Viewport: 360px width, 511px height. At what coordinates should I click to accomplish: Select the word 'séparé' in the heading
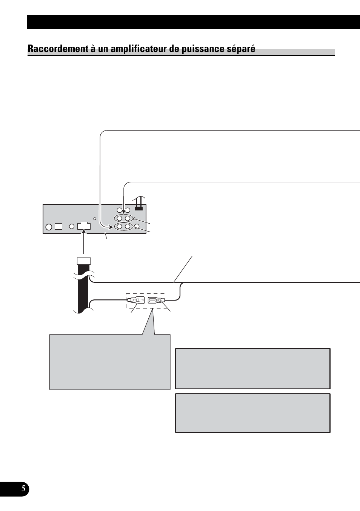point(242,49)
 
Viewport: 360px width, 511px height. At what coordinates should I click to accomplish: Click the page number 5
point(23,489)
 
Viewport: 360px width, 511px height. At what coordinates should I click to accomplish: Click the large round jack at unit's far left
point(49,227)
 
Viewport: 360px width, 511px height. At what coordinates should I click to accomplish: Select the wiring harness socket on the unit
point(83,226)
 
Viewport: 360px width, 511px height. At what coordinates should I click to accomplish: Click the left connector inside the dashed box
point(136,301)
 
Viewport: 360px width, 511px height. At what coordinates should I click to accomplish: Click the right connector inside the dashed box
point(155,301)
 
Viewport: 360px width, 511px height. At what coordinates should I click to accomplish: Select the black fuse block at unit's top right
point(138,208)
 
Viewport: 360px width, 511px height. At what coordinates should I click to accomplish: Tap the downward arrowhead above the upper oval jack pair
point(124,212)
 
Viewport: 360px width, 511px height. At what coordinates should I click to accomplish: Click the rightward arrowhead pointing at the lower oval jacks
point(112,227)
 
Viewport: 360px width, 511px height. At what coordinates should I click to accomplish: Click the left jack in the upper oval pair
point(120,218)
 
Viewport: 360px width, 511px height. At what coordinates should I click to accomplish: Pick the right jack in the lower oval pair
point(128,227)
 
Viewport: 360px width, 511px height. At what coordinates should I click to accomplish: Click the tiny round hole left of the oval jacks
point(95,219)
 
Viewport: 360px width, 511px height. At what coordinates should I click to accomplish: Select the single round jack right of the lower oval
point(137,227)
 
